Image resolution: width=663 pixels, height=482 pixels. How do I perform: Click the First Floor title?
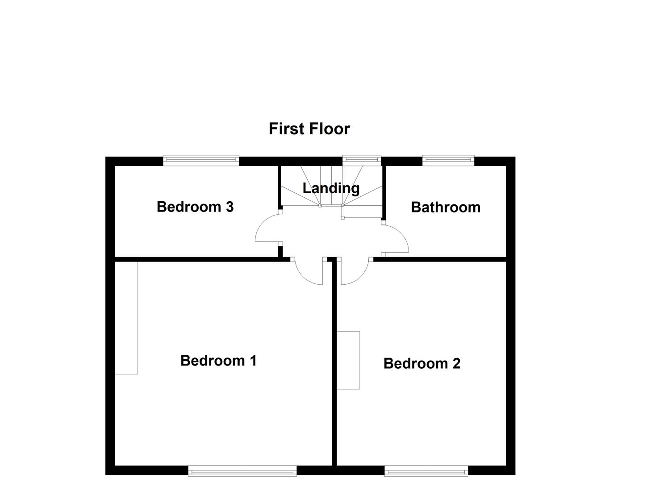click(309, 129)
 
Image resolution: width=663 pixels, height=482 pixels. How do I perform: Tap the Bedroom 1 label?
click(218, 361)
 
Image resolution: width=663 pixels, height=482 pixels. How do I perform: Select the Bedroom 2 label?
click(421, 364)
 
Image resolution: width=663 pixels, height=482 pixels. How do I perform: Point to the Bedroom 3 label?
click(195, 207)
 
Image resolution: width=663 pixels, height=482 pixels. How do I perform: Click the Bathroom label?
click(446, 207)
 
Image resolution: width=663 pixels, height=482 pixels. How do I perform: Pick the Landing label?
click(331, 188)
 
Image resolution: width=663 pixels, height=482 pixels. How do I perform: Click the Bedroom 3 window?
click(201, 160)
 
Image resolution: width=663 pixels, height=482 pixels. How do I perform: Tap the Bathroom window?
click(448, 160)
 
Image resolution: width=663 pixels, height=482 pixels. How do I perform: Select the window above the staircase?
click(362, 160)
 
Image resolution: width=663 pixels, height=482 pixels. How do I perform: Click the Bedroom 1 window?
click(242, 471)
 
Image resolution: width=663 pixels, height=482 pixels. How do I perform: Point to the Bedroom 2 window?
click(426, 471)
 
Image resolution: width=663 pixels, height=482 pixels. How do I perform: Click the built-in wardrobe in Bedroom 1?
click(126, 318)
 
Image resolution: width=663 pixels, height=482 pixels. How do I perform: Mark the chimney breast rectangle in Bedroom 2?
click(348, 360)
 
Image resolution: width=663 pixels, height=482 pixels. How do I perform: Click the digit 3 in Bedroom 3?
click(229, 207)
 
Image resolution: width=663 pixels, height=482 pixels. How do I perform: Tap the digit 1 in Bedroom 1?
click(253, 361)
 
